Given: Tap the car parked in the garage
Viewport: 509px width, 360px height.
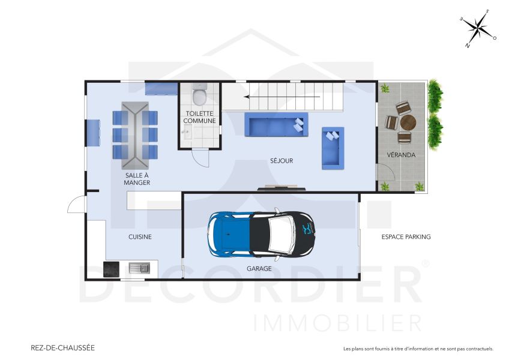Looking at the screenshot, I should click(x=263, y=233).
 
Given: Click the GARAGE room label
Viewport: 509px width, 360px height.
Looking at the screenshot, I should click(x=259, y=269).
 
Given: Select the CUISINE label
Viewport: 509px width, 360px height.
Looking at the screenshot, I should click(x=140, y=237).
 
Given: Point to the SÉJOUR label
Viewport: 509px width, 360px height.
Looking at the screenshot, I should click(x=282, y=161).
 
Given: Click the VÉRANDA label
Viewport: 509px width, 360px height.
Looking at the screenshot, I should click(x=401, y=155).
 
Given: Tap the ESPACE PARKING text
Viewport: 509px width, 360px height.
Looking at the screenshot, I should click(x=406, y=237).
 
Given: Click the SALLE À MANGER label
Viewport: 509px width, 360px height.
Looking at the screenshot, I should click(x=137, y=179).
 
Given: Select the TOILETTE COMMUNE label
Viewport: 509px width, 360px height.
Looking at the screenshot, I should click(x=200, y=116).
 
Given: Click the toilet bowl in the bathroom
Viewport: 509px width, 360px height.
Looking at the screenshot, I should click(x=200, y=95).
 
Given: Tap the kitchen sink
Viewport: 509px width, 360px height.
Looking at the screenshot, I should click(x=140, y=268).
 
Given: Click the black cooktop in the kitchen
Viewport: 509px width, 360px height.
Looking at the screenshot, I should click(x=112, y=269).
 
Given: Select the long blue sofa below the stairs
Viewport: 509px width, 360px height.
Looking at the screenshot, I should click(x=276, y=125).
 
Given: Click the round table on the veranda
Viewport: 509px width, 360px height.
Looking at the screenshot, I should click(x=408, y=123).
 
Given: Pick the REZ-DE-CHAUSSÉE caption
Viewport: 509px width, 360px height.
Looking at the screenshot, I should click(x=62, y=347).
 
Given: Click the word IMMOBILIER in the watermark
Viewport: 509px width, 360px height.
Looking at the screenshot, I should click(x=337, y=323).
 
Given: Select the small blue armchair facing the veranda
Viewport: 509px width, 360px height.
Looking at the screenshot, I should click(x=333, y=148).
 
